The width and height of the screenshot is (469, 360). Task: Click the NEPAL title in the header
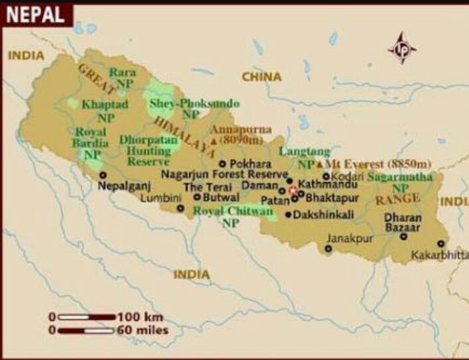coord(36,13)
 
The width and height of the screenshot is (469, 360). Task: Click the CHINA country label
coord(261,77)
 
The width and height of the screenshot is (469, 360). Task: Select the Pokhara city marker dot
coord(223,163)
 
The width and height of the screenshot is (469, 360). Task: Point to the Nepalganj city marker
coord(103,175)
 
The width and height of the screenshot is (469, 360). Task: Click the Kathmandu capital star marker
coord(293,190)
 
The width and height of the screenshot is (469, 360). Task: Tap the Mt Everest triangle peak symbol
coord(320,163)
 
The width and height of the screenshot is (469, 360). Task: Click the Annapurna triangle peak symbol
coord(213,141)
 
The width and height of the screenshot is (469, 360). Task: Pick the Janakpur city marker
coord(328,248)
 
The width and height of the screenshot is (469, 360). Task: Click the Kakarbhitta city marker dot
coord(440,243)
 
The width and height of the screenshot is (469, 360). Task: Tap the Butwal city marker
coord(197,197)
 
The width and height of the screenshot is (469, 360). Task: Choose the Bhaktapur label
coord(333,197)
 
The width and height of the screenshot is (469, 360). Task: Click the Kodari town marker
coord(326,177)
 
